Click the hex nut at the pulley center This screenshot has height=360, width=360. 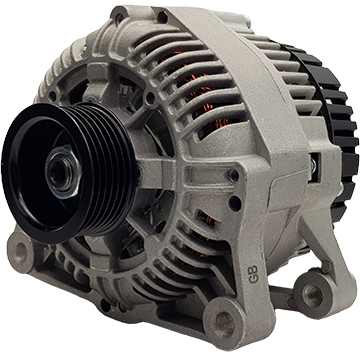(x=63, y=172)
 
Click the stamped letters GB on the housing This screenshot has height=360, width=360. (x=253, y=274)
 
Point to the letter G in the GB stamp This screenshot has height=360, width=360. (x=253, y=278)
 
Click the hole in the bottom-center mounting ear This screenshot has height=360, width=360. (x=225, y=322)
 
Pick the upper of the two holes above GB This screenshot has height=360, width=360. (x=234, y=175)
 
